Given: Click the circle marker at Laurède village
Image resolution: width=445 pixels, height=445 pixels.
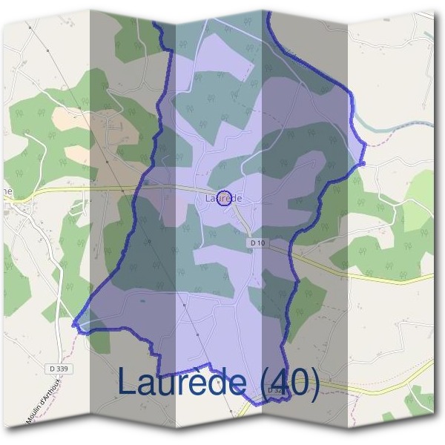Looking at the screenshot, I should [x=227, y=197].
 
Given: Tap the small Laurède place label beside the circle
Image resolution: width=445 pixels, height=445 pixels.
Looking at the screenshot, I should [x=215, y=198].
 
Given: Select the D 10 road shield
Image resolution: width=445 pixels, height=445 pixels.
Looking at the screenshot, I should [x=257, y=243].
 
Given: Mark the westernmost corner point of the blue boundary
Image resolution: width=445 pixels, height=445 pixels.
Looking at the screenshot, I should [x=74, y=324].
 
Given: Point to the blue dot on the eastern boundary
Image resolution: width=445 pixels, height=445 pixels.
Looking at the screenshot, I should [x=363, y=162].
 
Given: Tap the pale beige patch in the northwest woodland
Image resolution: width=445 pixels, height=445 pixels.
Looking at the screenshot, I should [x=78, y=154].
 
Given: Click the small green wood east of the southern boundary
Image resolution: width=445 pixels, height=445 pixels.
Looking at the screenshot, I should [x=307, y=297].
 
